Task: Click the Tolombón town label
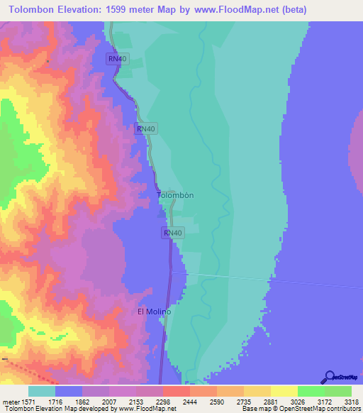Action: click(x=175, y=194)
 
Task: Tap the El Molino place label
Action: click(x=154, y=312)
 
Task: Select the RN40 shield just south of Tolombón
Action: click(x=173, y=233)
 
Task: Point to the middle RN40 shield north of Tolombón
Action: click(x=145, y=128)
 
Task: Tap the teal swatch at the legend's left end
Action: click(x=42, y=391)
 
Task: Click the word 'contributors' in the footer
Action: click(x=343, y=409)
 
